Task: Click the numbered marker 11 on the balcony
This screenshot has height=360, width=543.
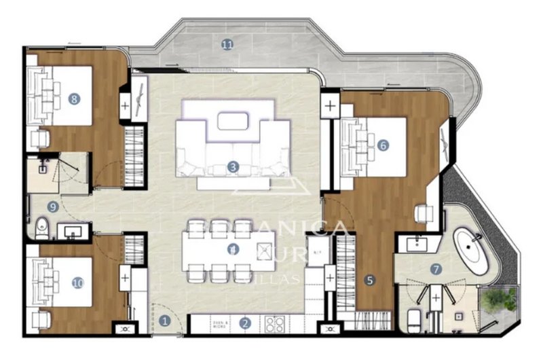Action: coord(227,45)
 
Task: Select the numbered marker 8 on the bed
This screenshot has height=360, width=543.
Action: coord(74,99)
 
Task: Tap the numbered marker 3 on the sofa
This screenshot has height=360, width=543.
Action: coord(233,166)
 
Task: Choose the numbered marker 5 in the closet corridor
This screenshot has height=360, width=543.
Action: coord(369,279)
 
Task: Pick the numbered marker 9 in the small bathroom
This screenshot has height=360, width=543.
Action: coord(52,207)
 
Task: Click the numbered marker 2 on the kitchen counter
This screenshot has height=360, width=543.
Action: coord(246,324)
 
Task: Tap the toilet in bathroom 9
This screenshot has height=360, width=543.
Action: coord(41,228)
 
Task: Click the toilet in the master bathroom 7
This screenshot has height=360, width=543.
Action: coord(415,319)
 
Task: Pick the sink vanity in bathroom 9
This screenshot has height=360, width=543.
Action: coord(71,231)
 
